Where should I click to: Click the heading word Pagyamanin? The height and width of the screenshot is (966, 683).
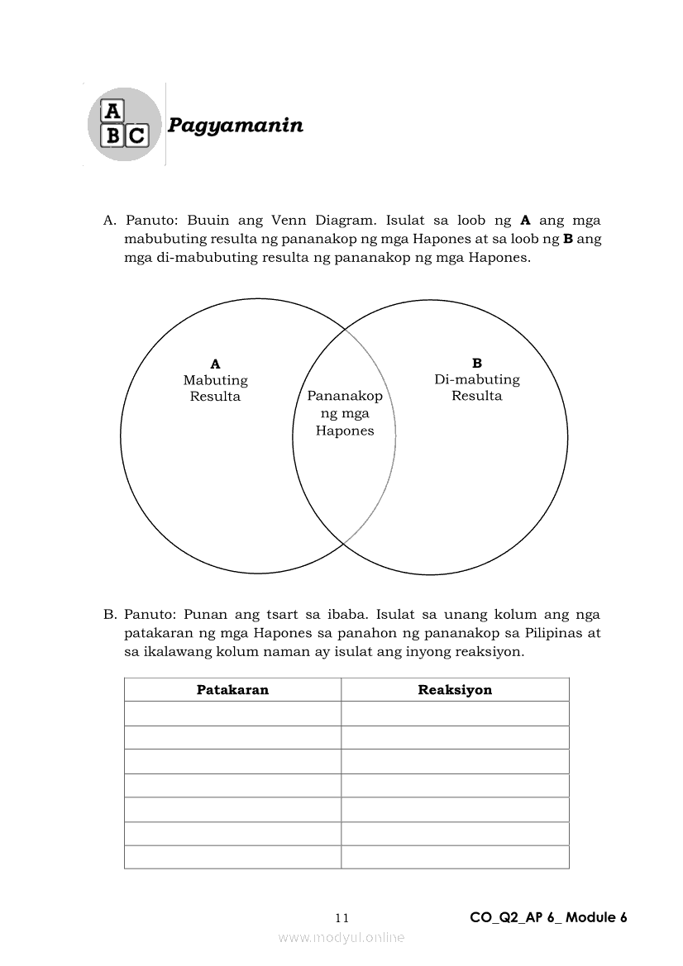point(236,126)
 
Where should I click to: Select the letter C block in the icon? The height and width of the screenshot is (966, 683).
point(136,136)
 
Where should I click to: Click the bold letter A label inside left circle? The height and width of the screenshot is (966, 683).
point(216,364)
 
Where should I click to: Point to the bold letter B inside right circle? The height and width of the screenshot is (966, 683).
point(477,363)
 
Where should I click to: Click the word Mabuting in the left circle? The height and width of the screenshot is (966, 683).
point(216,380)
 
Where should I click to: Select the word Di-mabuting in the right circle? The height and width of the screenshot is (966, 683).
point(477,379)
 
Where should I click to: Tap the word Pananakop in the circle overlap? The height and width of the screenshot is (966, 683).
point(345,396)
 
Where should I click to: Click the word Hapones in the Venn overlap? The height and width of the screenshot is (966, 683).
point(345,431)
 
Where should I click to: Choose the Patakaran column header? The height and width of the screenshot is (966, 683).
point(232,690)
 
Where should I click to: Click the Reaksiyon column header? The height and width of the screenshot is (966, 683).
point(455,690)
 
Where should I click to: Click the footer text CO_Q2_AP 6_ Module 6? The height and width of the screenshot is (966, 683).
point(548,917)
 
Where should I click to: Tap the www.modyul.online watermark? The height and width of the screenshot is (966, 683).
point(341,938)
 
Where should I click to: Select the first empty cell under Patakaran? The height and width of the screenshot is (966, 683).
point(232,714)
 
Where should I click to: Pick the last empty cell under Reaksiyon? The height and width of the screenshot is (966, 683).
point(455,857)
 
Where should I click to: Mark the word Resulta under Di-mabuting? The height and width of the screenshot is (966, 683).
point(477,396)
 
